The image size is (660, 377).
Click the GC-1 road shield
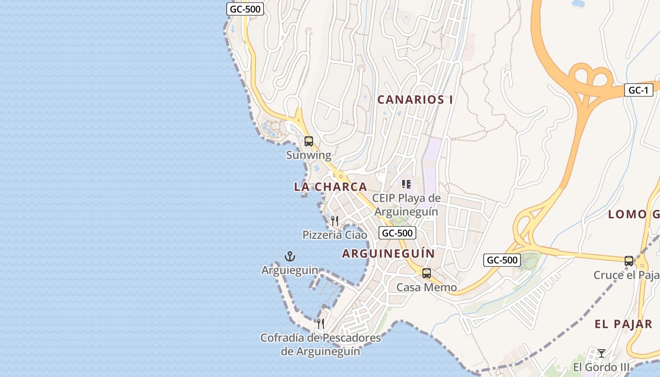coord(639,90)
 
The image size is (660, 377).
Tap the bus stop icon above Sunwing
coord(309,141)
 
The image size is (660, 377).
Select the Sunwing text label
coord(309,155)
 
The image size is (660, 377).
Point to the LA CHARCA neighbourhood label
coord(330,187)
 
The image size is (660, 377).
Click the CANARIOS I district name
coord(415,99)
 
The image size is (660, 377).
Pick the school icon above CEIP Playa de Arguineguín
coord(406,184)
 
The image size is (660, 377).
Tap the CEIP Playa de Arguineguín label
coord(406,205)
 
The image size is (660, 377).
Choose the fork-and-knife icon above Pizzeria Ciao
coord(335,221)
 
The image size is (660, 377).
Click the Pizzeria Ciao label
coord(335,235)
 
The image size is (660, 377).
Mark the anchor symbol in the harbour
coord(290,256)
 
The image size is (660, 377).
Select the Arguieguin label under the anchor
coord(290,270)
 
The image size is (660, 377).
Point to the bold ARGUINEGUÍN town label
coord(388,254)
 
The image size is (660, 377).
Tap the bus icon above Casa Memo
coord(427,273)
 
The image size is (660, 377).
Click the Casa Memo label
coord(427,287)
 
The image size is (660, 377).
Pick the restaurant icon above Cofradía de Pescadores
coord(321,323)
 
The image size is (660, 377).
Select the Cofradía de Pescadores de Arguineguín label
coord(321,344)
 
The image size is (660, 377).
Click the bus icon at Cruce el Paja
coord(629,261)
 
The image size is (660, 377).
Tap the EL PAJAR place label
coord(623,324)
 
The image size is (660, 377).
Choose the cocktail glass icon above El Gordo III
coord(602,353)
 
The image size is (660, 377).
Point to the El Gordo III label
coord(602,367)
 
